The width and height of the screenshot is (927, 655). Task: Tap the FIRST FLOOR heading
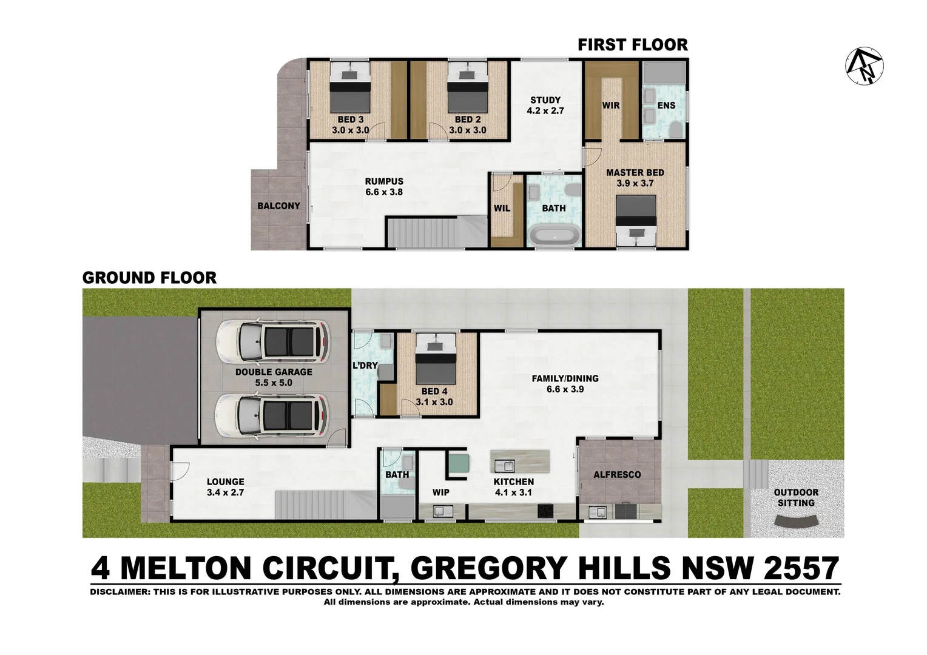pos(632,45)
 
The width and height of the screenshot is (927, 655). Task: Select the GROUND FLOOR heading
pos(149,278)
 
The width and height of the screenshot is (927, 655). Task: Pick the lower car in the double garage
pos(272,416)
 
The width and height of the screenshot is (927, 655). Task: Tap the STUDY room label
pos(545,100)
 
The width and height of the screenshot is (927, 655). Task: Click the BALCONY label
pos(278,206)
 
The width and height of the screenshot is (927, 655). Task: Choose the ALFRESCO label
pos(617,474)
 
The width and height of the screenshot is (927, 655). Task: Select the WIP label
pos(441,492)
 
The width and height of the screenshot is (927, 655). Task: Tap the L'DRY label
pos(365,366)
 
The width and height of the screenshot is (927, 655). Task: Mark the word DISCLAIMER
pos(118,592)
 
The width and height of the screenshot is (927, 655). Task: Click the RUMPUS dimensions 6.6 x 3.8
pos(384,192)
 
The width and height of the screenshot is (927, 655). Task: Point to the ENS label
pos(666,106)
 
